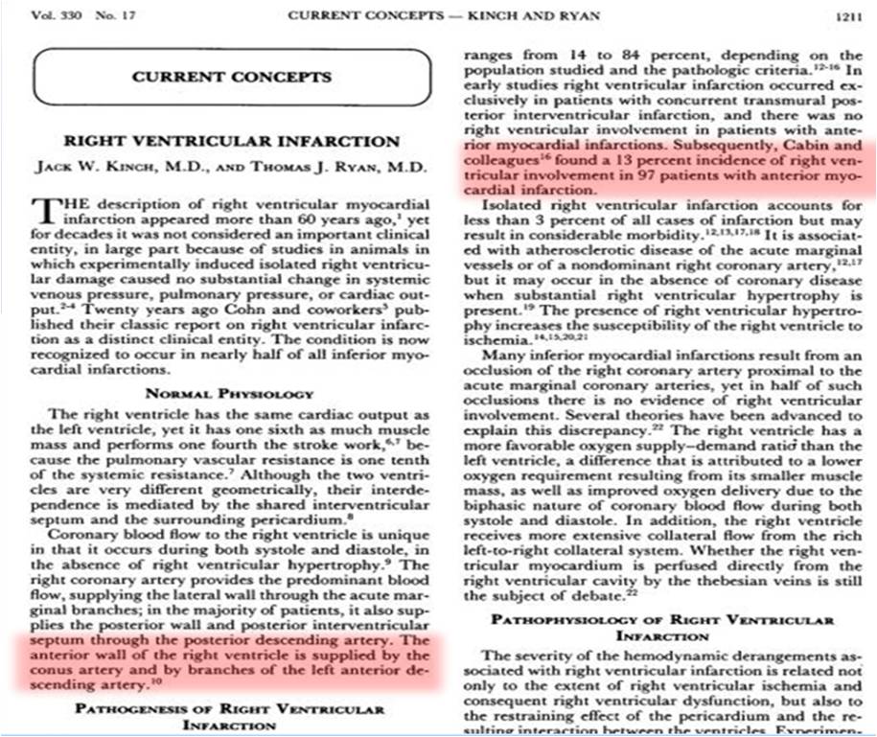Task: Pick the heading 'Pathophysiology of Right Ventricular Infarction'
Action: pos(662,628)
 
